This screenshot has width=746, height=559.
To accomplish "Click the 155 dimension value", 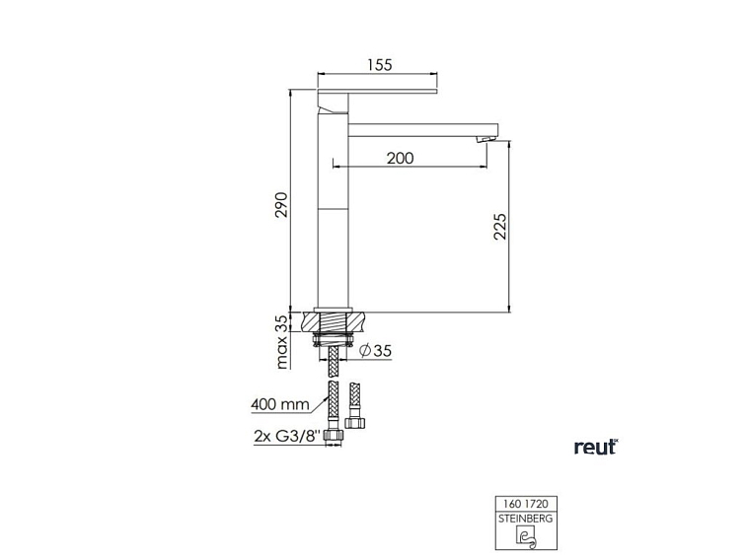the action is (x=380, y=65).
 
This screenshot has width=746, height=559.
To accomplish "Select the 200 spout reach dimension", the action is (x=400, y=158).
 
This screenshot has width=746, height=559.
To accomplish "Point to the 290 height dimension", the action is (x=281, y=205).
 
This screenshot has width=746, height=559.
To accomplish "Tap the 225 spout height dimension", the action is (x=499, y=227).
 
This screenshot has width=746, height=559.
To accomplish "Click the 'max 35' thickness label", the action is (x=282, y=341).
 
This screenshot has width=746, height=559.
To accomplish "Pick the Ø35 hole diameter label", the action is (x=376, y=351).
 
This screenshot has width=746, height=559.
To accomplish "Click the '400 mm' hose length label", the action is (x=280, y=405).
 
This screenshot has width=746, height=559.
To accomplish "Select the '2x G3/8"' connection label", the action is (x=285, y=437).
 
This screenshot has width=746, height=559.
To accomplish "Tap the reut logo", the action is (x=596, y=447).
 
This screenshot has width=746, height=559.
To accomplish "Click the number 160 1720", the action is (x=526, y=504).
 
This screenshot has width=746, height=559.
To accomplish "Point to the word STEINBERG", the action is (x=526, y=519).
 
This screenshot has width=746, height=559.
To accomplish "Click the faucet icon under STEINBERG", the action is (x=526, y=536).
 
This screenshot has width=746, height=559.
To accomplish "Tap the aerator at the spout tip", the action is (x=485, y=139).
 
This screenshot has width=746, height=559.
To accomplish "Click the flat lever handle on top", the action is (x=377, y=91).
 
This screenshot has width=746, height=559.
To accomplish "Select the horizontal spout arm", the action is (x=423, y=130).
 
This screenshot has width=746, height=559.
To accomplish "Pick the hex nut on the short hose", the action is (x=355, y=422).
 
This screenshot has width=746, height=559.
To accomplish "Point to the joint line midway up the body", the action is (x=333, y=208).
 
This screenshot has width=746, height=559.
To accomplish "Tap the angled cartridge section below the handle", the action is (x=333, y=104).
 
